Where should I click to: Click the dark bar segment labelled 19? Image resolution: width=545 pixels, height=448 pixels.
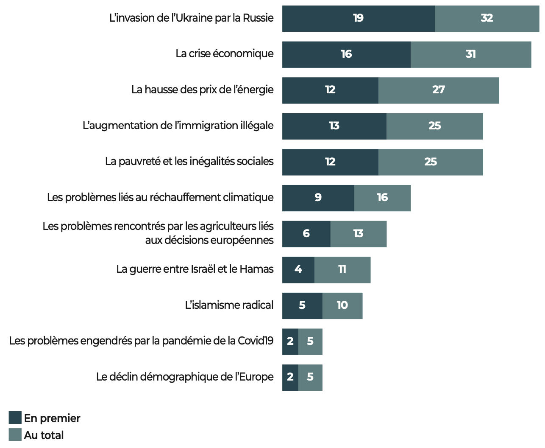click(358, 19)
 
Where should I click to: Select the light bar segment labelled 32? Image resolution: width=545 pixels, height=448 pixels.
click(487, 19)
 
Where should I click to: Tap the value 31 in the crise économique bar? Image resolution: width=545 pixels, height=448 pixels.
click(470, 54)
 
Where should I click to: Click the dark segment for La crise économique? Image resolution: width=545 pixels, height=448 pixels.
click(346, 54)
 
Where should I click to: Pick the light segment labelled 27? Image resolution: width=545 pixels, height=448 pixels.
click(438, 90)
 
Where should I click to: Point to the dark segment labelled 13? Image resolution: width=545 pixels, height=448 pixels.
click(334, 126)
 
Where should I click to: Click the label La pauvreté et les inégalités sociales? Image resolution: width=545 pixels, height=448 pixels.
click(189, 162)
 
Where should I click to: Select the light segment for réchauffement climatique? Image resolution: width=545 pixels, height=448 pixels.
click(382, 198)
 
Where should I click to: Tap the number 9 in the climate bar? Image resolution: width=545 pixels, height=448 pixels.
click(318, 198)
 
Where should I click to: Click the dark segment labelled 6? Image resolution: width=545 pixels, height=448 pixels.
click(306, 234)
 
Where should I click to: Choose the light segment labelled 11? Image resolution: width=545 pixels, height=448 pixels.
click(342, 269)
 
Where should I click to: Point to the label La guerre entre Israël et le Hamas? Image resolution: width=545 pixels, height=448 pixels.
click(195, 269)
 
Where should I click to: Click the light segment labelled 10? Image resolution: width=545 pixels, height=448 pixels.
click(342, 305)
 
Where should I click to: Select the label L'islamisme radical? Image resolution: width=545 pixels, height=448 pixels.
click(229, 305)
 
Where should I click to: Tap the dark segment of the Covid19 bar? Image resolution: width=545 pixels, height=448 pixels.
click(290, 341)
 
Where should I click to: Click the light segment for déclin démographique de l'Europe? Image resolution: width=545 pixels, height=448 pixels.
click(310, 377)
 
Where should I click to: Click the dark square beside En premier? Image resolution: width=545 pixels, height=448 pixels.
click(15, 418)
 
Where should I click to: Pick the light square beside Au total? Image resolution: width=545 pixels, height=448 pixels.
click(15, 435)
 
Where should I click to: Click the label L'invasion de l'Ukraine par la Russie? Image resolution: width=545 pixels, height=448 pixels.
click(192, 18)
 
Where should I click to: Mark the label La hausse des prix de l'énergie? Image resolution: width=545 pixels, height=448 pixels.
click(203, 90)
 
